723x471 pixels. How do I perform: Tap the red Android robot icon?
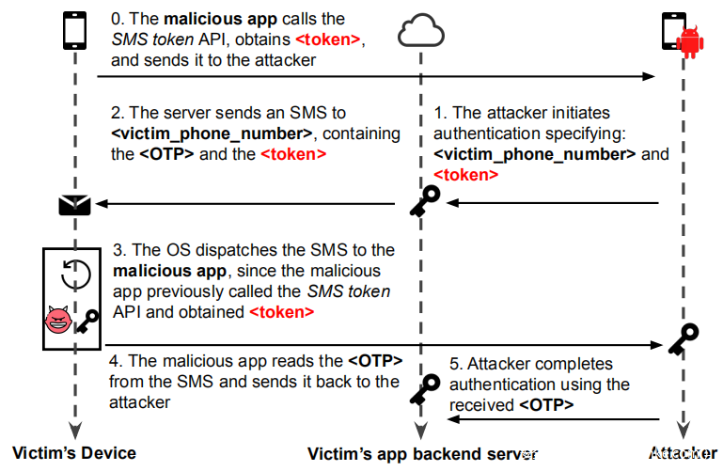[x=691, y=37]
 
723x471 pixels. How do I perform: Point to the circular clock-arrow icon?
[x=75, y=275]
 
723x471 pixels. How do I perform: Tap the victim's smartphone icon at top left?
[x=74, y=30]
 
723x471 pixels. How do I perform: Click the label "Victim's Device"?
[x=74, y=453]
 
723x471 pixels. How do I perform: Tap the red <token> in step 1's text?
[x=466, y=174]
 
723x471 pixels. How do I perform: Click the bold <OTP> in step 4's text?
[x=375, y=361]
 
